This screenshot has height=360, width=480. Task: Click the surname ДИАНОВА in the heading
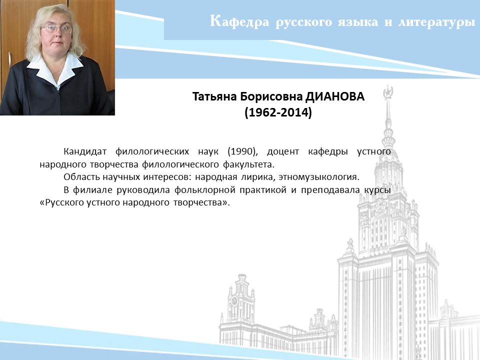tap(335, 96)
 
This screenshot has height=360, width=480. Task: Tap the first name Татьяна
tap(214, 96)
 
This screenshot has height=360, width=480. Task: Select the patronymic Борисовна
tap(271, 96)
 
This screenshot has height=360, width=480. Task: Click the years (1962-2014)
tap(278, 112)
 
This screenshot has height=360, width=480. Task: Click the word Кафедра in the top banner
tap(239, 21)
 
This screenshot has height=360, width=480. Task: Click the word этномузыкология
tap(318, 177)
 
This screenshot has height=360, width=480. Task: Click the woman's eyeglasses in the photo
tap(56, 29)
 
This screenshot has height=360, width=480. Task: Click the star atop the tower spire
tap(388, 92)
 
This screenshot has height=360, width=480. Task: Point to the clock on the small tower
tap(234, 301)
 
